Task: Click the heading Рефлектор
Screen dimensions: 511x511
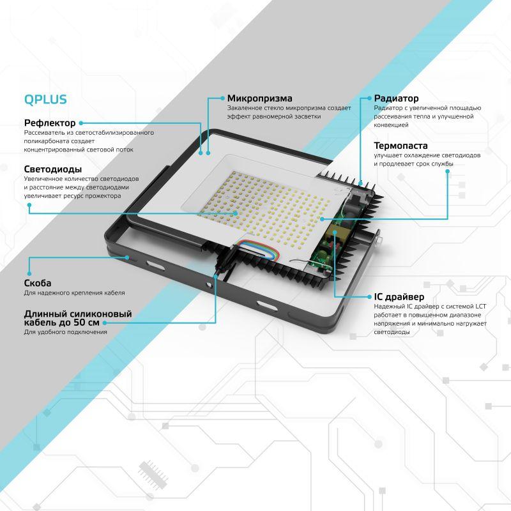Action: click(50, 123)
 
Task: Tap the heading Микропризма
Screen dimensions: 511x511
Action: click(259, 98)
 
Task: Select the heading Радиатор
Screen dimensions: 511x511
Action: click(396, 98)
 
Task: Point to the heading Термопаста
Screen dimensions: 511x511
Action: click(401, 146)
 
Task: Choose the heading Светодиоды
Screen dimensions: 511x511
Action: click(52, 169)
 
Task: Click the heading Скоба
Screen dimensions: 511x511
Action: click(38, 282)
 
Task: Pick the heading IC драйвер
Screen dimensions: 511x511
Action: click(399, 297)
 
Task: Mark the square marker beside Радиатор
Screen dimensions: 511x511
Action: click(368, 98)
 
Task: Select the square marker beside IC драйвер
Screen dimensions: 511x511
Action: click(368, 297)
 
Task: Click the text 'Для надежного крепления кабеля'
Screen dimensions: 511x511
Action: click(74, 293)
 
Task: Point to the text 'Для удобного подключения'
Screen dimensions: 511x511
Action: click(65, 332)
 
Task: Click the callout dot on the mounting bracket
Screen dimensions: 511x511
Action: click(128, 257)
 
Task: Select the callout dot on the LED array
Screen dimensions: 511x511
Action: click(235, 213)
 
